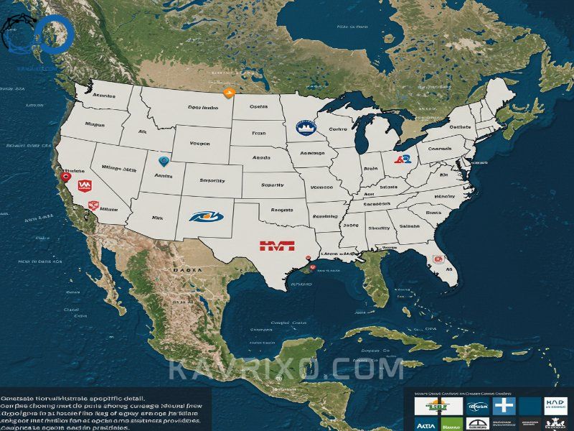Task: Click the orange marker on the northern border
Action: coord(229,92)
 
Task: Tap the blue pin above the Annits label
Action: coord(163,162)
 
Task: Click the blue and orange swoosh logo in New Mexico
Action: coord(205,214)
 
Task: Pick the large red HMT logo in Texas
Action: coord(277,246)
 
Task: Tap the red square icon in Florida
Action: coord(436,259)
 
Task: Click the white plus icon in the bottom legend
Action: coord(505,407)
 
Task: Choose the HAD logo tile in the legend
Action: coord(555,405)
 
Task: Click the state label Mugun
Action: coord(95,124)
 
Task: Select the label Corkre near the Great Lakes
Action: coord(337,130)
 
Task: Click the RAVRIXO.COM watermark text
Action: coord(287,370)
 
